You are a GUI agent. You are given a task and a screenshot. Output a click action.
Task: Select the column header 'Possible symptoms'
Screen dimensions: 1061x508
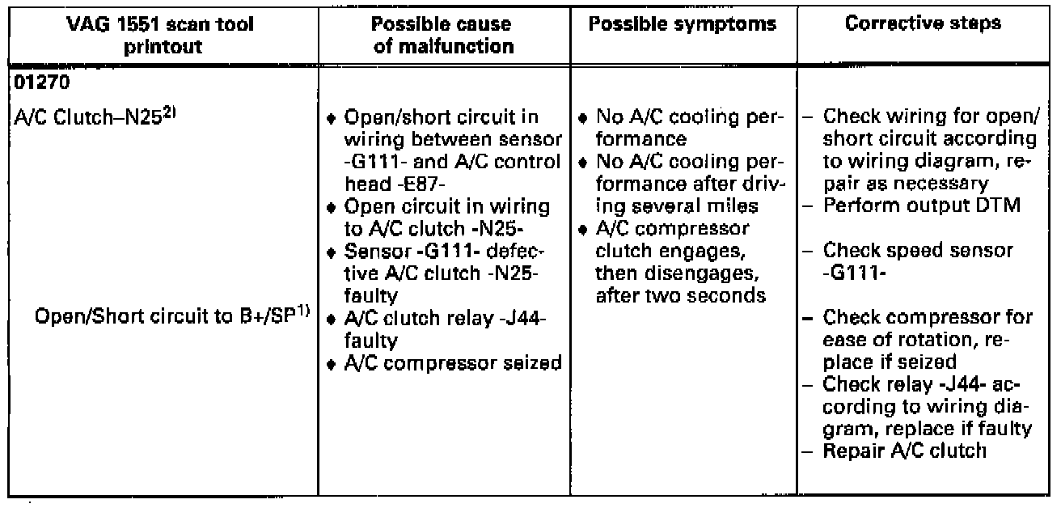[x=682, y=26]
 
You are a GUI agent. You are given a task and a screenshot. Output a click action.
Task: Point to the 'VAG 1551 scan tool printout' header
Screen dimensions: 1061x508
[x=160, y=36]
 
